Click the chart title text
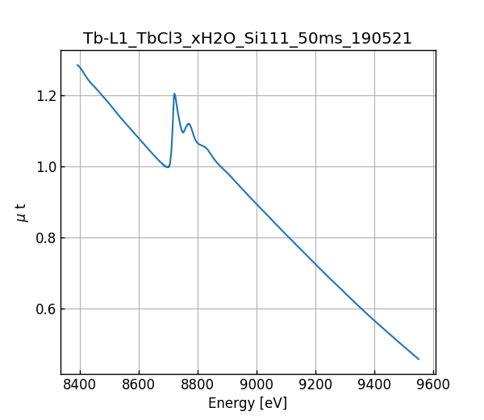point(248,39)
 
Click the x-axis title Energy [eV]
point(248,403)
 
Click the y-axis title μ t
point(22,212)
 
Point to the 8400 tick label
point(80,385)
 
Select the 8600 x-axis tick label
point(139,385)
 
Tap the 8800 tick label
point(198,385)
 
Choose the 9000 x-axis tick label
point(257,385)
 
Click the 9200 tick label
point(315,385)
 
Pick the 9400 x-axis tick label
point(374,385)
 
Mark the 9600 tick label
point(433,385)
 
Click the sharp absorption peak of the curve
point(174,94)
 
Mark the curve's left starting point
point(77,65)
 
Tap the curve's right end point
point(419,359)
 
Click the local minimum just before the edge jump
point(167,167)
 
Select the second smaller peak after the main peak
point(189,124)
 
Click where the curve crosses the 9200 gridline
point(315,264)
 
